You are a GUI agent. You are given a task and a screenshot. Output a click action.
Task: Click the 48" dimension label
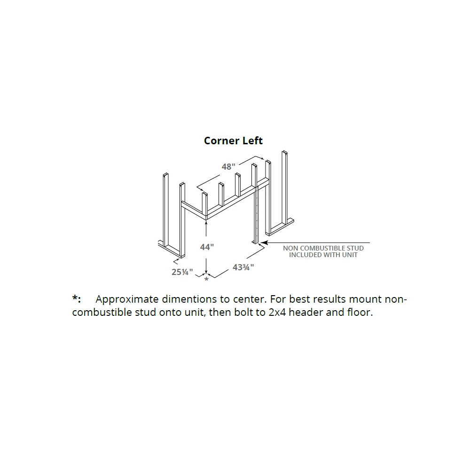click(x=228, y=167)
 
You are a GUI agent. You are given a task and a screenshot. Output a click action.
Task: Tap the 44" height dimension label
click(x=207, y=247)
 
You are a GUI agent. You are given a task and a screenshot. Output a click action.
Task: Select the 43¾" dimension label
click(x=243, y=267)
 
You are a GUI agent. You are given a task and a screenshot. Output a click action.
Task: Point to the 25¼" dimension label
click(x=182, y=271)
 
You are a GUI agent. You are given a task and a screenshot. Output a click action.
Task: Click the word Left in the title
click(x=252, y=141)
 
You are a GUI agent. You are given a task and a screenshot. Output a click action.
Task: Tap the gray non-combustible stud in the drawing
click(x=256, y=216)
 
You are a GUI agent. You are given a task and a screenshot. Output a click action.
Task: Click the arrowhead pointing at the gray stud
click(x=263, y=243)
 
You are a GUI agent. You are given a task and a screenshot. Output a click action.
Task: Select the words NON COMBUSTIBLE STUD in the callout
click(x=323, y=248)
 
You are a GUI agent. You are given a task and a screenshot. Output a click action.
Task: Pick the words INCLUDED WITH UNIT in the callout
click(x=323, y=255)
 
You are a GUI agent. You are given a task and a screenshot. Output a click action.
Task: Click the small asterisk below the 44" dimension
click(x=206, y=280)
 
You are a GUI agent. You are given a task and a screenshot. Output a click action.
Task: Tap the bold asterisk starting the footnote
click(x=76, y=299)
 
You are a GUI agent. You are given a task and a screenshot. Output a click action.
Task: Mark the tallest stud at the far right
click(x=284, y=188)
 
